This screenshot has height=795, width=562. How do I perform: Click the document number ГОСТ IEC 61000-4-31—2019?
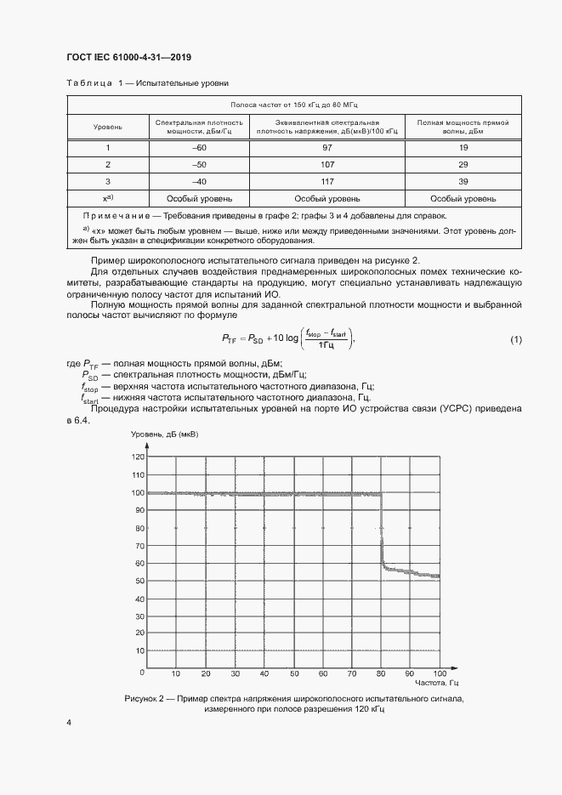point(128,57)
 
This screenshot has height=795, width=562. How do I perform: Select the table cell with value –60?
point(200,148)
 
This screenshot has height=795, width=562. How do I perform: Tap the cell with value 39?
point(463,181)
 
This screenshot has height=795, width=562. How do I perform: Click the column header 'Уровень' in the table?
point(108,127)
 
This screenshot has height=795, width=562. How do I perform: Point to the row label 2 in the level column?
point(108,164)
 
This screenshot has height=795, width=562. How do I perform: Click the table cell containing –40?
point(200,181)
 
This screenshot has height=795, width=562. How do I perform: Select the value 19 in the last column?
point(463,148)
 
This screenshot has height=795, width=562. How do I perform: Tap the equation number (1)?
point(515,340)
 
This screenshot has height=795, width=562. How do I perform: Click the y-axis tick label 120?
point(139,457)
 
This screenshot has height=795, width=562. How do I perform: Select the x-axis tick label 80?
point(381,673)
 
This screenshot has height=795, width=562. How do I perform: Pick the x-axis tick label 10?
point(176,673)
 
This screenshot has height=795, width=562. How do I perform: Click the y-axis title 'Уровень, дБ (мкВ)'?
point(165,434)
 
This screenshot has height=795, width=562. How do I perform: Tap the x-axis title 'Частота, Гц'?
point(437,684)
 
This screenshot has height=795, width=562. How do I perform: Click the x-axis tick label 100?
point(439,673)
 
